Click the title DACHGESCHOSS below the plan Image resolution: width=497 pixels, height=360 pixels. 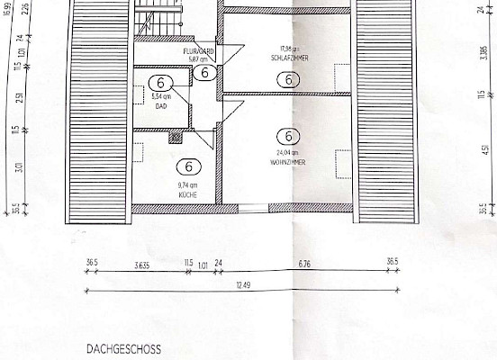(x=122, y=346)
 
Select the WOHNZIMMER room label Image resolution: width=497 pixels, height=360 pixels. (x=288, y=162)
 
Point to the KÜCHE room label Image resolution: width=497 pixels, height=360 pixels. (x=188, y=194)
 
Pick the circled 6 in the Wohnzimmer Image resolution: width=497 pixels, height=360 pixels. (x=288, y=137)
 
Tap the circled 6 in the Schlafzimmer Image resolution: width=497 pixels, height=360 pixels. (x=288, y=79)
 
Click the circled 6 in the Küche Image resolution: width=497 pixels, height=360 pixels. (x=188, y=166)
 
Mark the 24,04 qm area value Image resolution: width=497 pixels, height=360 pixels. (x=288, y=154)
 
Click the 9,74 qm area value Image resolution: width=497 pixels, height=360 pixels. (x=188, y=186)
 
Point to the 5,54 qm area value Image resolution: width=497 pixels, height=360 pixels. (x=161, y=95)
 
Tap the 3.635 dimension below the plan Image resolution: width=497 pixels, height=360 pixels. (x=140, y=264)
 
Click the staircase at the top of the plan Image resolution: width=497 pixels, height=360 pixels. (x=158, y=20)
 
